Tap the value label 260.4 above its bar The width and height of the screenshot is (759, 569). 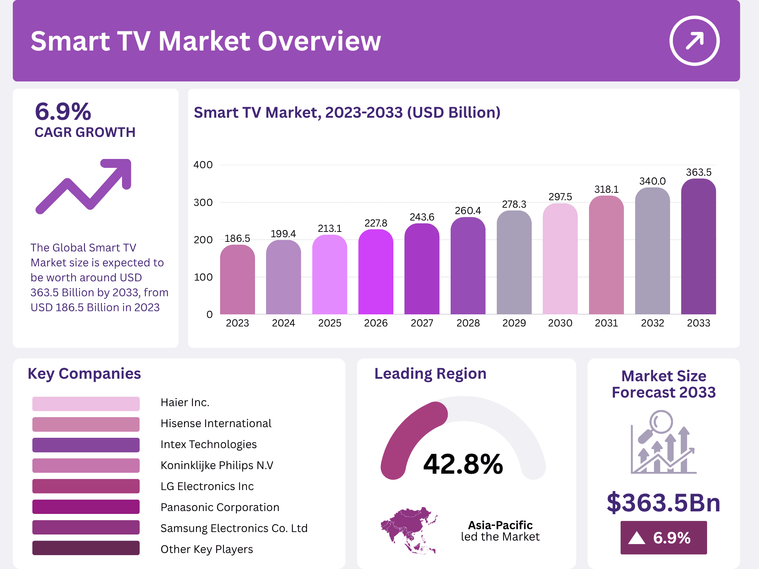click(x=468, y=211)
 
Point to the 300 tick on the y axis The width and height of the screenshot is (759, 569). click(x=203, y=202)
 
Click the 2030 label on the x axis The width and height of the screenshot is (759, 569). click(x=560, y=323)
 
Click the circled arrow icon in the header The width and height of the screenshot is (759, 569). click(x=694, y=41)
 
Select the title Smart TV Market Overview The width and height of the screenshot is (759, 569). click(x=206, y=41)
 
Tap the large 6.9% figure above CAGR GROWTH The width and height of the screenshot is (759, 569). click(x=63, y=112)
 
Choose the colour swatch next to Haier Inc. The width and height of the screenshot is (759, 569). click(x=86, y=404)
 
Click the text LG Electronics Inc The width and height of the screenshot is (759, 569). click(x=207, y=486)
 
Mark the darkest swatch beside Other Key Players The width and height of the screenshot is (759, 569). click(x=86, y=548)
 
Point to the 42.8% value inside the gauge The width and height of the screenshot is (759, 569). click(x=463, y=464)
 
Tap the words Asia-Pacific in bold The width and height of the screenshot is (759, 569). click(x=500, y=525)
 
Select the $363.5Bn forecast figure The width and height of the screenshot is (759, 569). click(x=663, y=502)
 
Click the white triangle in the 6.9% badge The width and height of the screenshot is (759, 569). click(x=637, y=538)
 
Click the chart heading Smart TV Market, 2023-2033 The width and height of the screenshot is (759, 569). click(x=347, y=112)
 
